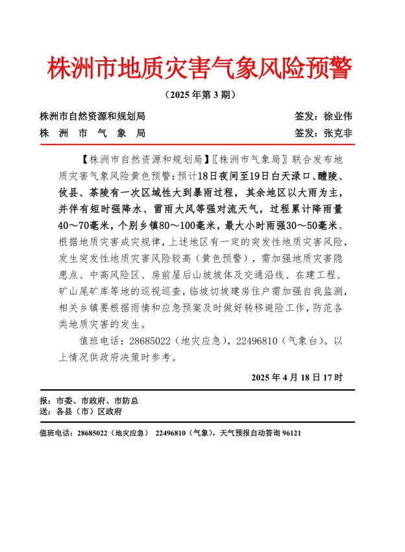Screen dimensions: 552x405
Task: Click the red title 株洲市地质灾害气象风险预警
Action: pos(199,68)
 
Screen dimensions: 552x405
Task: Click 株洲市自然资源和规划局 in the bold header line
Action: pos(92,117)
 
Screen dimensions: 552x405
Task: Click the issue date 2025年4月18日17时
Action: pos(297,378)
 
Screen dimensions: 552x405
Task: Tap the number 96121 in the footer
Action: pos(291,433)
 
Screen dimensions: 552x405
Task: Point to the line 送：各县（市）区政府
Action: pos(80,412)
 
